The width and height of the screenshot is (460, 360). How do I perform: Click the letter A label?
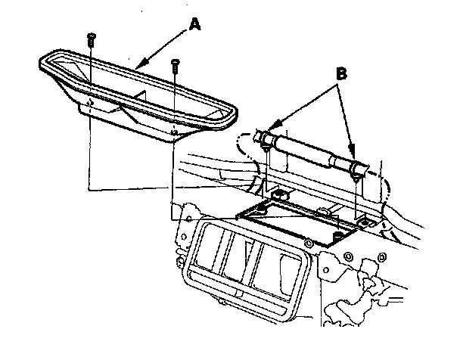195,25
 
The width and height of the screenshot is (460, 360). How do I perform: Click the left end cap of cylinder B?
266,138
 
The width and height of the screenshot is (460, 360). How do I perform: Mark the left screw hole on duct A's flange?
89,101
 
